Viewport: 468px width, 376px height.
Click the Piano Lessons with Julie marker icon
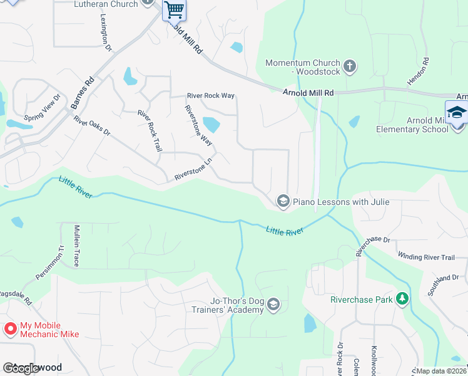(283, 201)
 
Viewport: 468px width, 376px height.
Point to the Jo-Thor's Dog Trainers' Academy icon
(273, 305)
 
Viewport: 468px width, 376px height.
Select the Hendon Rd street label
(426, 71)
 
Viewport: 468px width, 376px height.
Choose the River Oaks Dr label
(91, 126)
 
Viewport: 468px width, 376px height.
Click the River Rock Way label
(211, 96)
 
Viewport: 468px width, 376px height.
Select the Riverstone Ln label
(194, 169)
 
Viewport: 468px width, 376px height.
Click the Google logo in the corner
(22, 368)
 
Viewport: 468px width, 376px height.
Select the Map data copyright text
(441, 371)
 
